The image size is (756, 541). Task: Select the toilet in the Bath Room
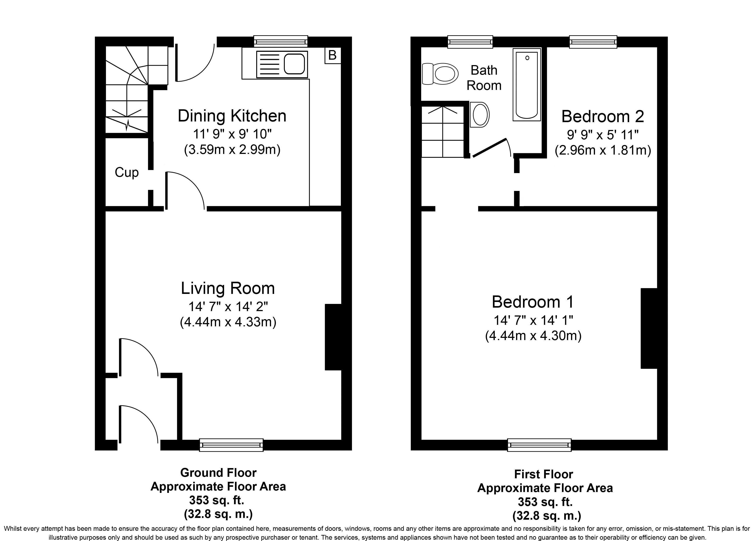coord(439,74)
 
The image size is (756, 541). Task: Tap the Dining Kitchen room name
coord(232,116)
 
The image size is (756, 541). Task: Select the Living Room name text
coord(228,288)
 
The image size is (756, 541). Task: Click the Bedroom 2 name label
coord(603,116)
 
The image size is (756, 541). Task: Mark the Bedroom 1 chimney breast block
coord(649,328)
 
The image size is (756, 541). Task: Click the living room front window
coord(231,445)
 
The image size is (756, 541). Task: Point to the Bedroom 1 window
coord(539,445)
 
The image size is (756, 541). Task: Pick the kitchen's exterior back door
coord(195,63)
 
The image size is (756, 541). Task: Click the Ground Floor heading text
coord(218,473)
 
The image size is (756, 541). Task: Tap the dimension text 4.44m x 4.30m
coord(533,335)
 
